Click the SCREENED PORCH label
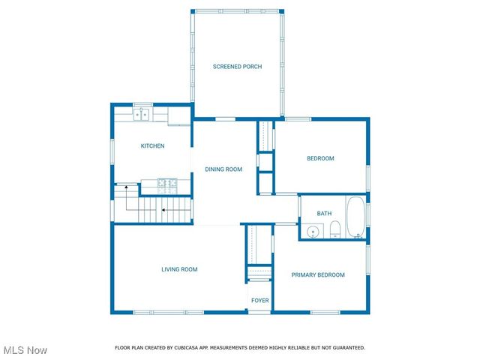click(x=237, y=67)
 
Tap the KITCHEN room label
click(x=152, y=145)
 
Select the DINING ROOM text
click(x=223, y=169)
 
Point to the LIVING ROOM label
click(x=179, y=269)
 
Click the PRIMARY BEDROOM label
click(x=318, y=275)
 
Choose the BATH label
click(x=324, y=214)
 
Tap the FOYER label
click(x=259, y=301)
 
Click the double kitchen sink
click(x=142, y=115)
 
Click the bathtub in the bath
click(x=355, y=217)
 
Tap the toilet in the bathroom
click(x=335, y=230)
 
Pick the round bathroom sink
click(x=313, y=232)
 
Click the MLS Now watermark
click(x=25, y=350)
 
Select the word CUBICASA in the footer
click(x=200, y=348)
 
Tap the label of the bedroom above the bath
click(x=320, y=158)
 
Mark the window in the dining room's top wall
click(x=226, y=118)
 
